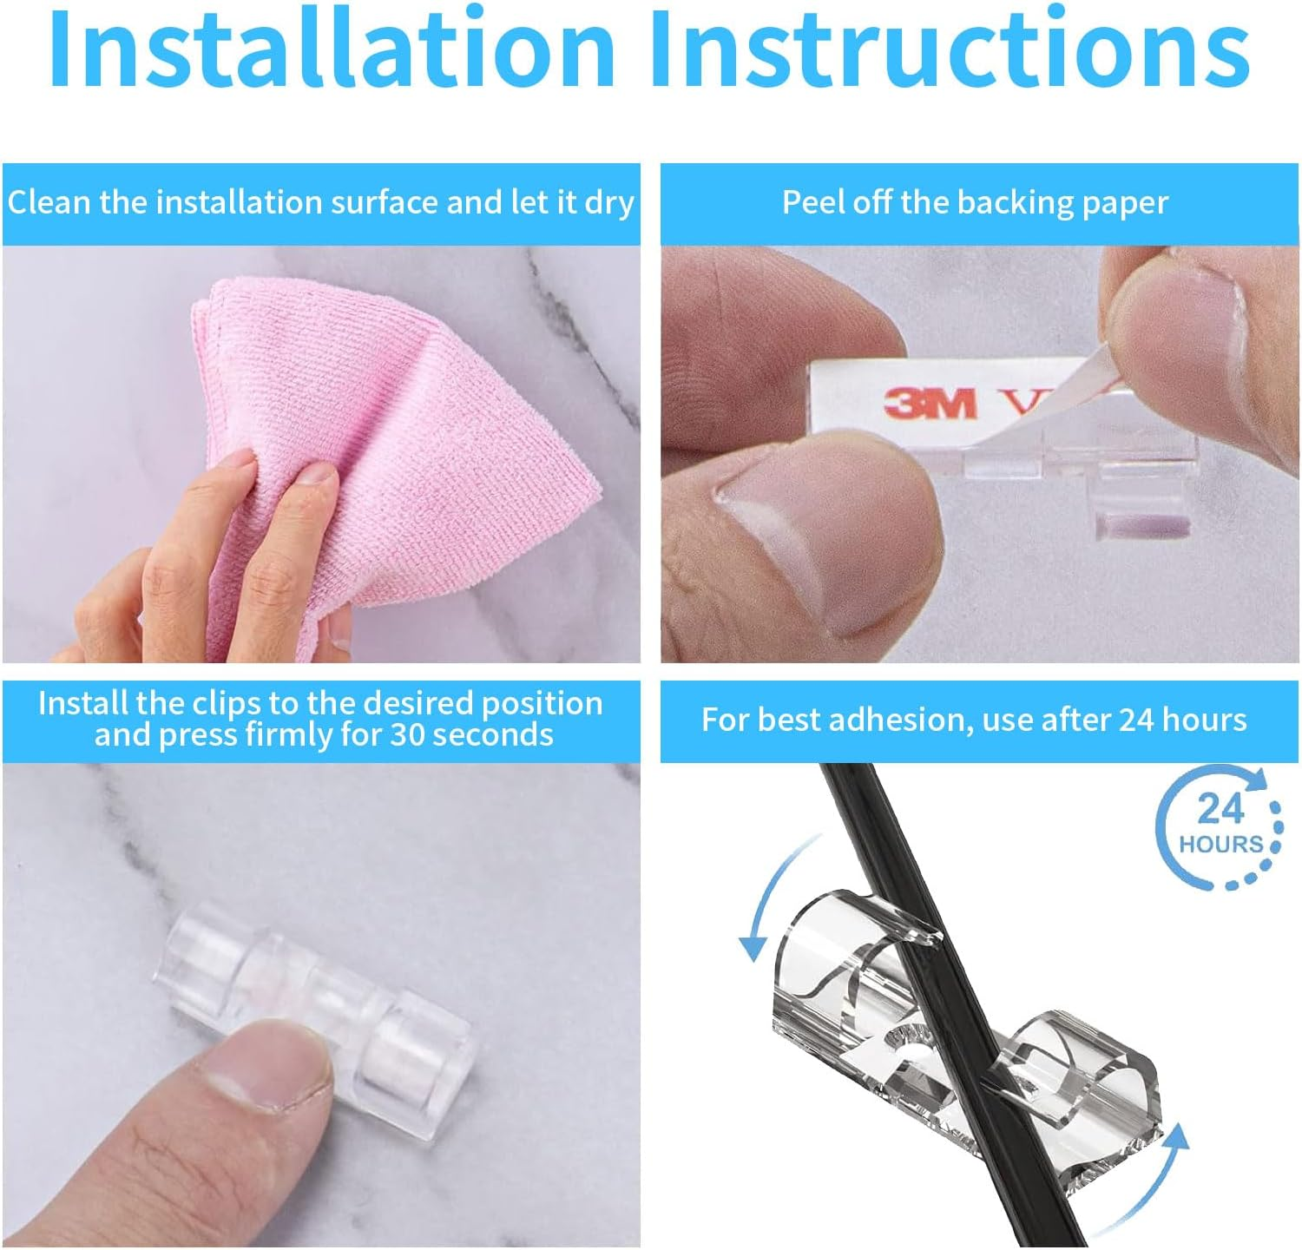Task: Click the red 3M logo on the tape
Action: (x=930, y=403)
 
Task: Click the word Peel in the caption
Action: (x=811, y=203)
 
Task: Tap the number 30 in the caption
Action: (x=408, y=735)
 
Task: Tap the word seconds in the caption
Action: (x=492, y=735)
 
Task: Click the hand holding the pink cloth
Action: (x=234, y=556)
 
